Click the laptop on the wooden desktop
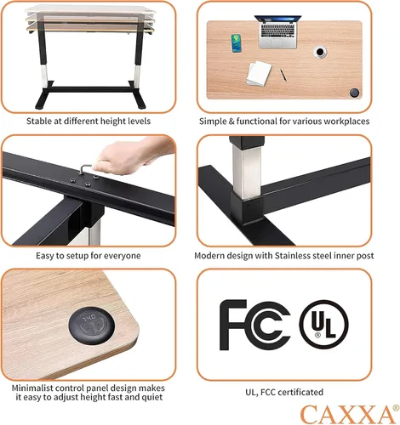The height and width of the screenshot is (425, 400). click(x=278, y=31)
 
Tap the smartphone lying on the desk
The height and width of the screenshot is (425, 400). click(x=236, y=43)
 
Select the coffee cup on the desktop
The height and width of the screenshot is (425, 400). click(x=320, y=52)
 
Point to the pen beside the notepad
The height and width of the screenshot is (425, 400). click(x=283, y=75)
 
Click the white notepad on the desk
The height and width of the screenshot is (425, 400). click(x=259, y=73)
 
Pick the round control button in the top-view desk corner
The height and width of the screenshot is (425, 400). click(x=354, y=93)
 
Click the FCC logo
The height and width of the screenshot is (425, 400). click(x=254, y=325)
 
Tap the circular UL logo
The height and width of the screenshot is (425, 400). click(x=323, y=325)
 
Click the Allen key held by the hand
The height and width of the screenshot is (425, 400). click(x=83, y=170)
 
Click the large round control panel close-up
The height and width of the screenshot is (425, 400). click(x=92, y=326)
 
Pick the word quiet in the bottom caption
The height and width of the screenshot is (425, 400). click(x=152, y=397)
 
